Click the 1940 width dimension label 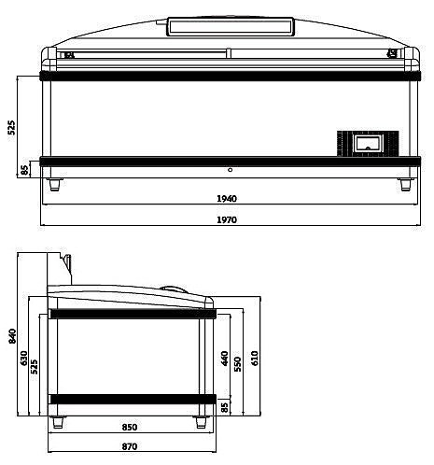click(227, 199)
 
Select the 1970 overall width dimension click(227, 220)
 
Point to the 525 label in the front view click(12, 127)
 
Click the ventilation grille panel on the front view click(367, 144)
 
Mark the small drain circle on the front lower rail click(230, 170)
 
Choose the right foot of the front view click(405, 184)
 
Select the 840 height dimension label click(12, 336)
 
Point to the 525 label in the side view click(35, 365)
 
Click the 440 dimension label click(224, 358)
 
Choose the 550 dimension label click(239, 361)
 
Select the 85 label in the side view click(224, 406)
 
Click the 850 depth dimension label click(130, 428)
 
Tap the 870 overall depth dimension click(130, 446)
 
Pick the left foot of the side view click(60, 422)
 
